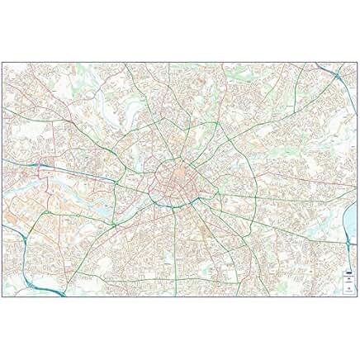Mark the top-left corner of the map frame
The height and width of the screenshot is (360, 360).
(2, 63)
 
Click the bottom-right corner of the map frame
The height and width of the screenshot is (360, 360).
(358, 296)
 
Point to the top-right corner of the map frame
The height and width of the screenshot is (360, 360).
(358, 63)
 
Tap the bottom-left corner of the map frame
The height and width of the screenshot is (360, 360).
(2, 296)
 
